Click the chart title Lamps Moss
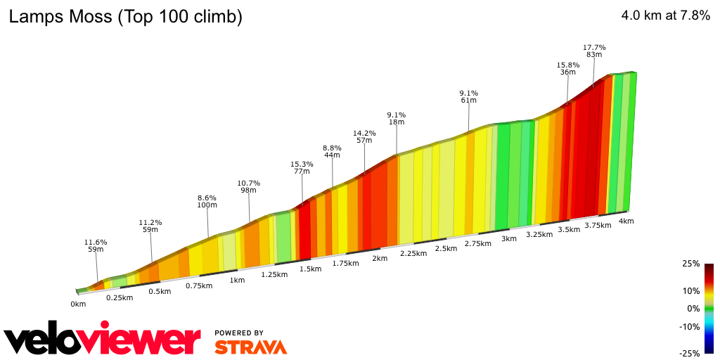point(125,18)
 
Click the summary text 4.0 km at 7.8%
point(665,16)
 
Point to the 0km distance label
point(78,304)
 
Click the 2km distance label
point(380,258)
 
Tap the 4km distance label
point(626,221)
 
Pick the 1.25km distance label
point(274,274)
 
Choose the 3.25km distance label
point(539,234)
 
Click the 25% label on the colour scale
point(691,264)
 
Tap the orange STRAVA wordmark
point(250,347)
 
